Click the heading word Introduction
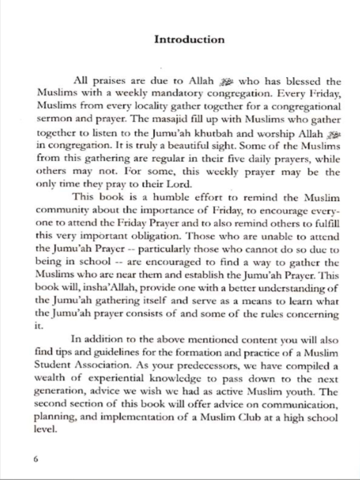pos(189,39)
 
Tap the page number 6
pos(36,459)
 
